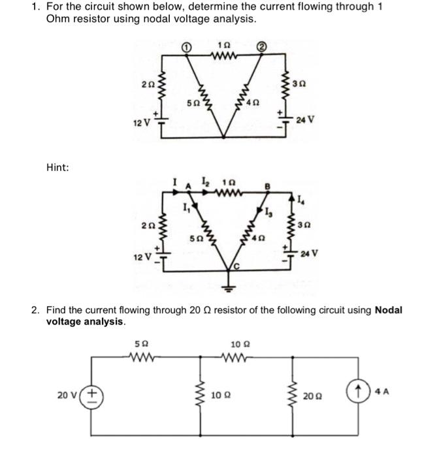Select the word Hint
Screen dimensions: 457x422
click(x=57, y=168)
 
